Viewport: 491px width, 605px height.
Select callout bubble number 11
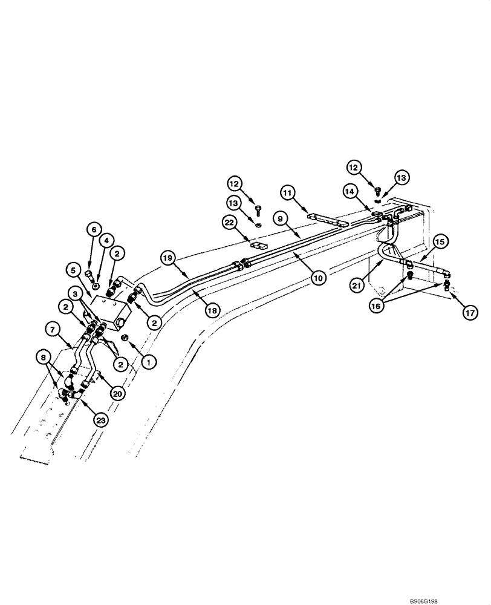click(289, 194)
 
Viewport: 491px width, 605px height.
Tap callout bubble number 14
click(351, 191)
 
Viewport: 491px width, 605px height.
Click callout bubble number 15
click(440, 241)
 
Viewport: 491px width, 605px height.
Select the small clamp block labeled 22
click(259, 247)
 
